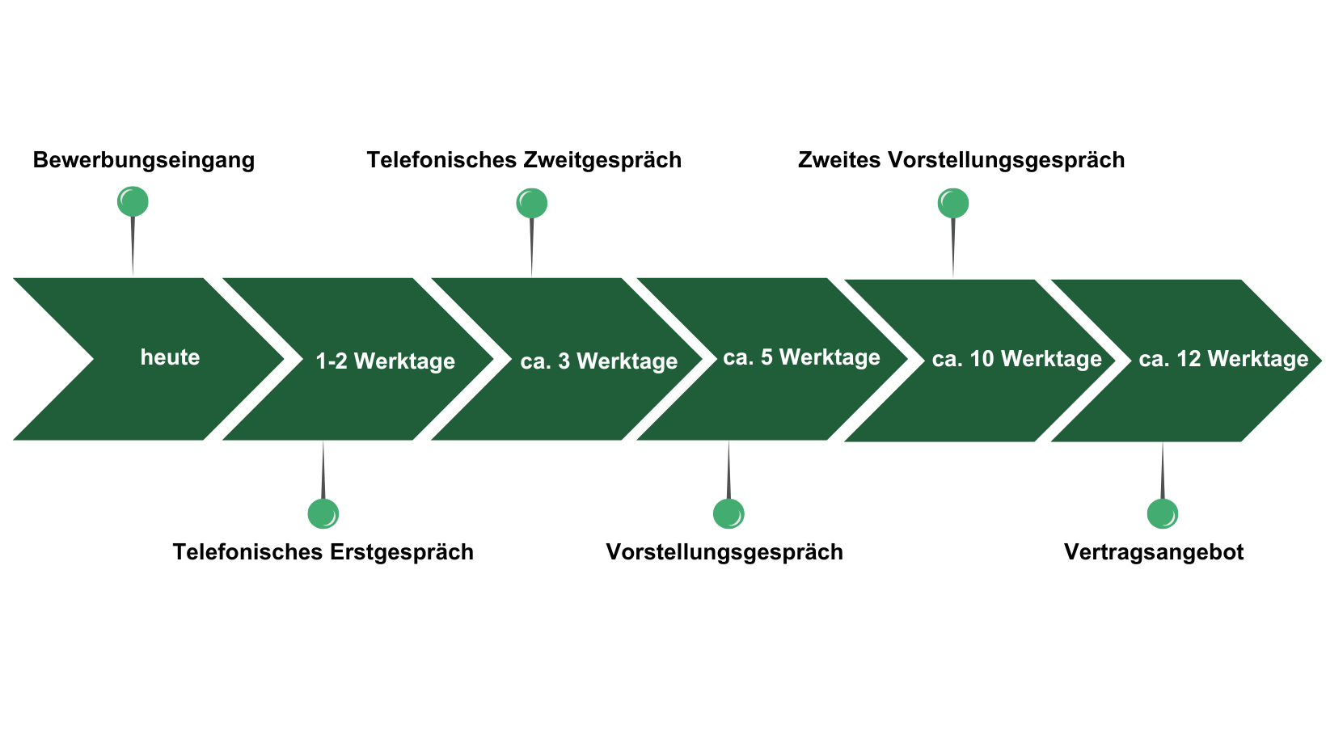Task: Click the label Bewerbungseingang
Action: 144,160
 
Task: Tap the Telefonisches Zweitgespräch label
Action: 523,160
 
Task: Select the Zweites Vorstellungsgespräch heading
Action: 961,160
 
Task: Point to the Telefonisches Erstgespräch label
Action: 323,552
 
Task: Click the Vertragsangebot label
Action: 1154,552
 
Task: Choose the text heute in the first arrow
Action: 170,357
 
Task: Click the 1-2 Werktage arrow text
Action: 385,361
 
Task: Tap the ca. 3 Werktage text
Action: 599,361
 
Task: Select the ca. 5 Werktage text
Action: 801,357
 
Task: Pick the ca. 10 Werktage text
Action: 1016,359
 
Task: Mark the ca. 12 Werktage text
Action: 1223,359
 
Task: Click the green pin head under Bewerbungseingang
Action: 133,201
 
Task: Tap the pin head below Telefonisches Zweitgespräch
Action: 531,203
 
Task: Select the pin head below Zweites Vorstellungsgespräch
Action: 952,203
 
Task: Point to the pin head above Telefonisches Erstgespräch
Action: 323,513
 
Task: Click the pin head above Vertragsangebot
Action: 1163,513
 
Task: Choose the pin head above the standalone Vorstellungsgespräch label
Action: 728,513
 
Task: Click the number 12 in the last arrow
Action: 1189,359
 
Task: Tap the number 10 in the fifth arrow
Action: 982,359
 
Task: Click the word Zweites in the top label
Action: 838,160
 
